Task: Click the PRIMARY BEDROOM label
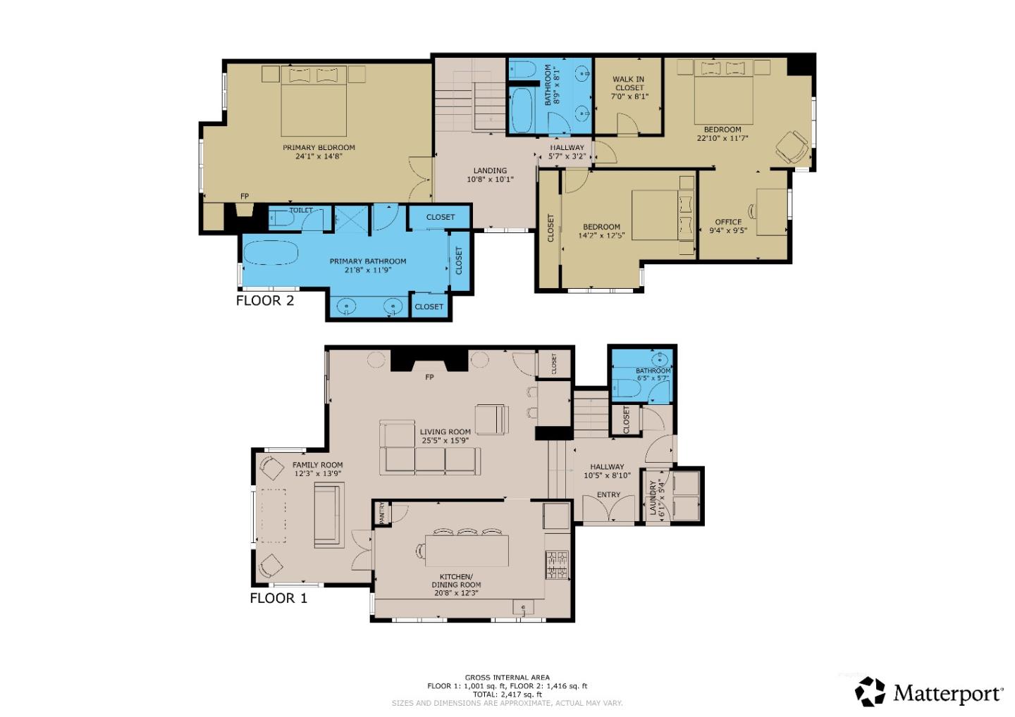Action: [x=319, y=147]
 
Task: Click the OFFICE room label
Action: [x=728, y=222]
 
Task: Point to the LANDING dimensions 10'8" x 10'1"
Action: [x=490, y=180]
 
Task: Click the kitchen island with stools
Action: [x=467, y=550]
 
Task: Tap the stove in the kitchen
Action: [x=556, y=565]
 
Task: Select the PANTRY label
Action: [x=382, y=513]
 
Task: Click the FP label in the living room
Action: [x=429, y=378]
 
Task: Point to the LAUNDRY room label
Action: [x=653, y=499]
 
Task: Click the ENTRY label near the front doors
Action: [x=608, y=495]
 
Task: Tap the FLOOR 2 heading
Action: [x=264, y=301]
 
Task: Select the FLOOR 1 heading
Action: [x=278, y=599]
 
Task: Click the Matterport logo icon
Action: [x=871, y=692]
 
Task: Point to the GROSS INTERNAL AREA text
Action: [x=507, y=678]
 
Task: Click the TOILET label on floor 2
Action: [x=301, y=211]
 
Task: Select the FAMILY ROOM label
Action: [x=317, y=465]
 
